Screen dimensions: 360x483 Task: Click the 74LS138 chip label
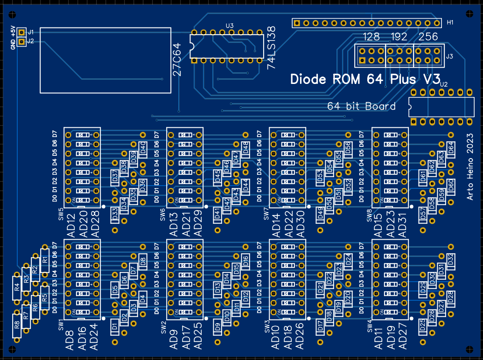271,48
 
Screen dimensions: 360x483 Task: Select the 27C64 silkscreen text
176,60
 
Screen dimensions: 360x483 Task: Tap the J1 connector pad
21,32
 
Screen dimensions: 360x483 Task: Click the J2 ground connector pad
21,42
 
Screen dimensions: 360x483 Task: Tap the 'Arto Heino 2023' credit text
470,172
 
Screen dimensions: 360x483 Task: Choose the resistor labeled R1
45,260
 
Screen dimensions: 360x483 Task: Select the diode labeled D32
451,261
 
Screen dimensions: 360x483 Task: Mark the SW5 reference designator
61,215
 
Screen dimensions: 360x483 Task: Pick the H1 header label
450,22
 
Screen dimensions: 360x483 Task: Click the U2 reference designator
443,84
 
